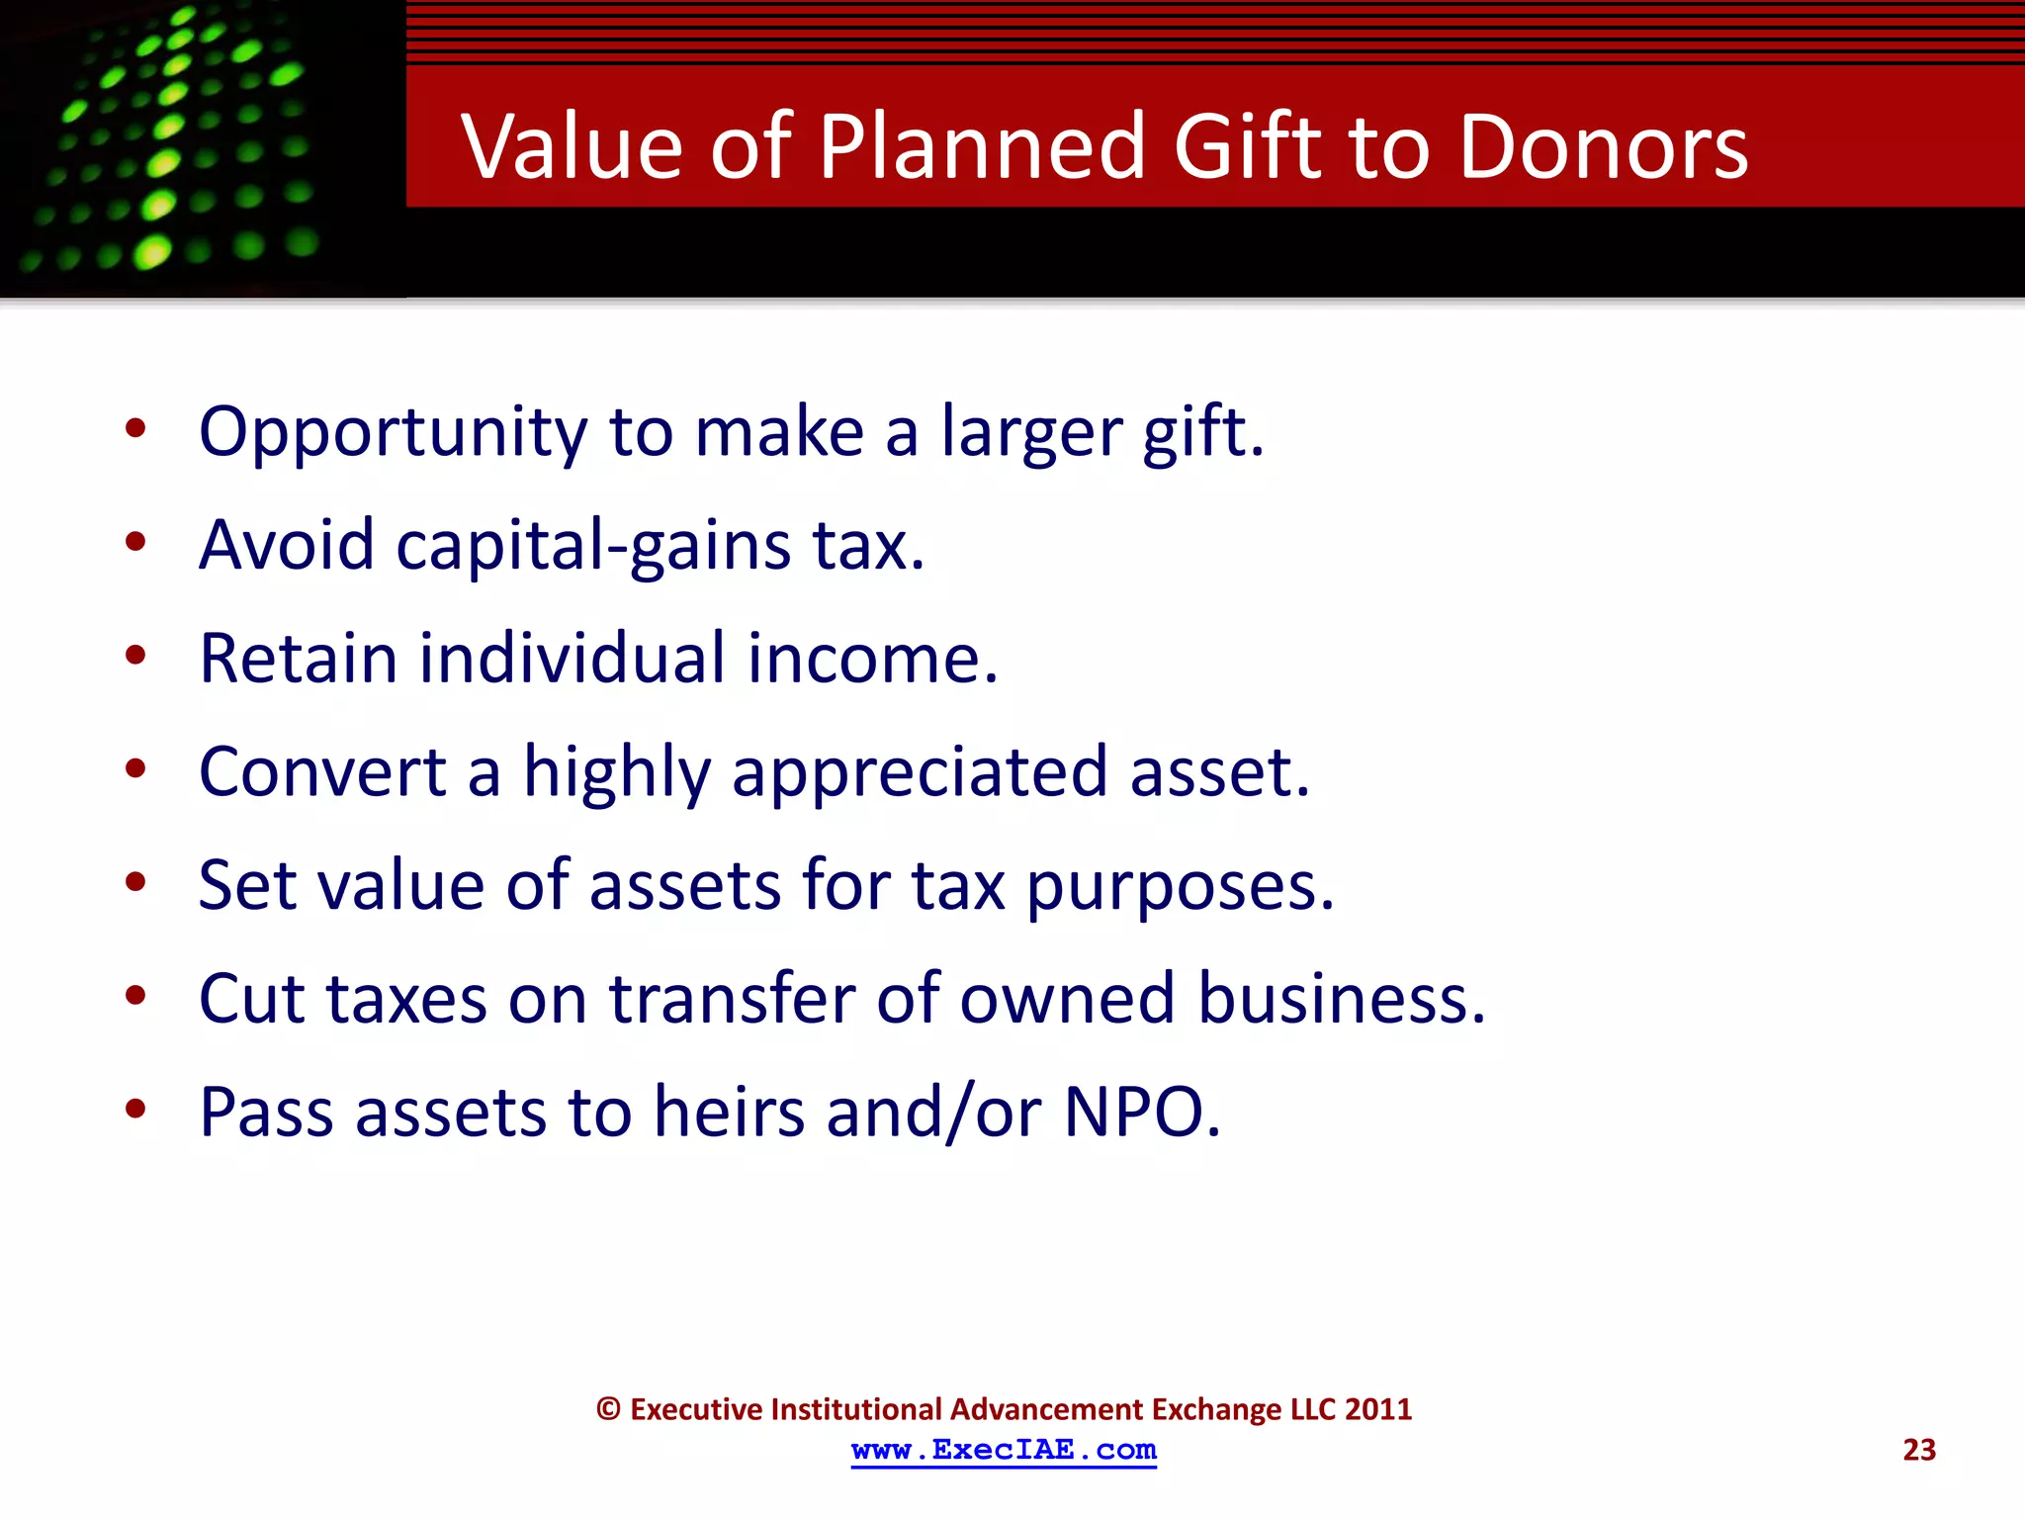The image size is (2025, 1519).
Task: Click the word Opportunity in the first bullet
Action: click(x=393, y=433)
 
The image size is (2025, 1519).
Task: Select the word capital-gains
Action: click(x=593, y=546)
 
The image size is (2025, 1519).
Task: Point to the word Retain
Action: click(x=298, y=659)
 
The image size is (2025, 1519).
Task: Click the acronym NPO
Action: click(x=1141, y=1113)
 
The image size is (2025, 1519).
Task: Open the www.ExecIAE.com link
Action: click(x=1004, y=1450)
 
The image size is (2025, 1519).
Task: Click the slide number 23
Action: click(x=1918, y=1450)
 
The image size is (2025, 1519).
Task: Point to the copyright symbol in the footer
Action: click(x=608, y=1409)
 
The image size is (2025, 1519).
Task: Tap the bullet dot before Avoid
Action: click(x=135, y=542)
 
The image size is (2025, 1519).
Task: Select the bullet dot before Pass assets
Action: click(x=135, y=1109)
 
